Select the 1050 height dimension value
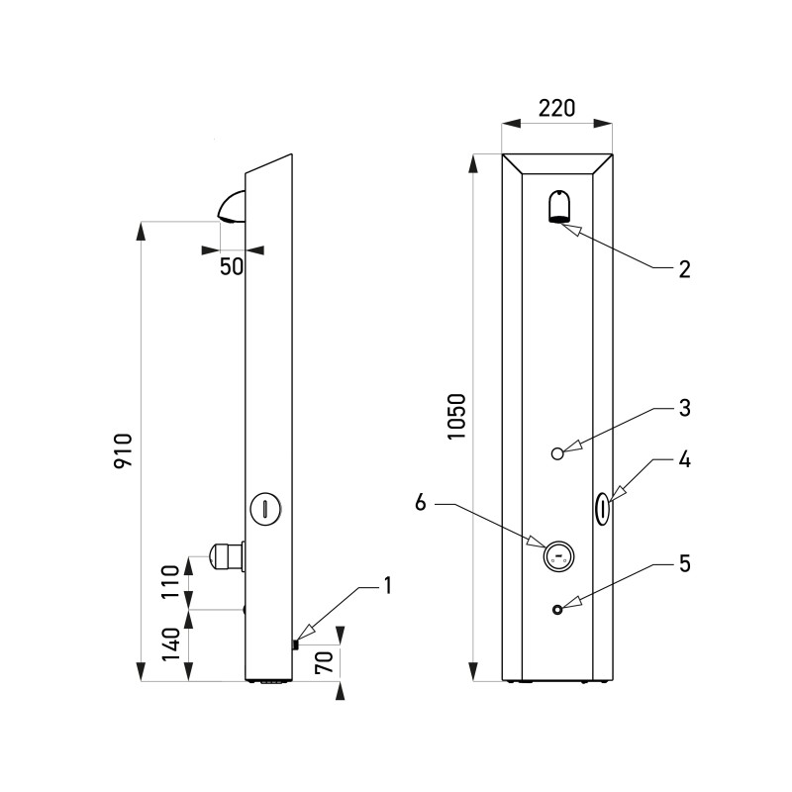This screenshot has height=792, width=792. (x=457, y=418)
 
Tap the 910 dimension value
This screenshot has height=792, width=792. (x=123, y=451)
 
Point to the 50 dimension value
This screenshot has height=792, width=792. (x=232, y=266)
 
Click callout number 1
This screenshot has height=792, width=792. (x=387, y=586)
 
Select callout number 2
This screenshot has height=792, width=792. (x=683, y=268)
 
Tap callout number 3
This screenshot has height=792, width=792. (x=683, y=407)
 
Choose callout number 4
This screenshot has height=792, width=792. (x=683, y=460)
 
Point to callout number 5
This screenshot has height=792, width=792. (x=683, y=564)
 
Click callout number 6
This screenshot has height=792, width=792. (x=421, y=504)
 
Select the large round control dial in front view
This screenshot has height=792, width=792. (x=557, y=557)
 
